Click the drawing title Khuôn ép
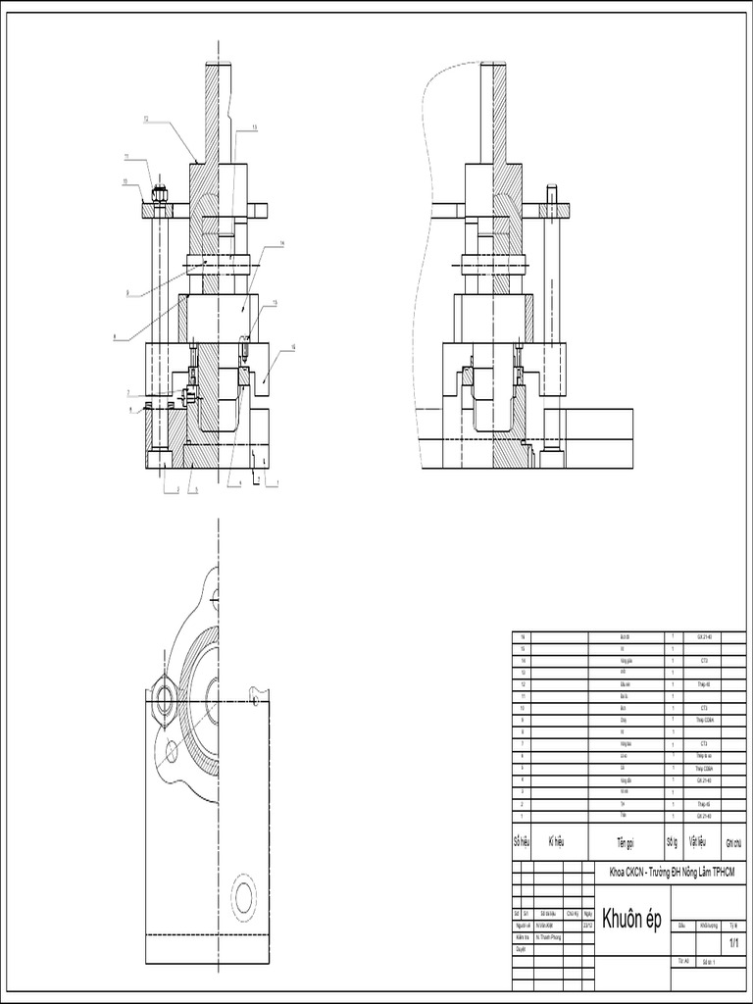click(633, 919)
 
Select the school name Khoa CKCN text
click(672, 872)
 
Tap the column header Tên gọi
click(626, 842)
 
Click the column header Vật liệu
click(697, 841)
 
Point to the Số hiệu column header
click(521, 842)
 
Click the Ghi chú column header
click(733, 842)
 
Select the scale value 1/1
click(731, 942)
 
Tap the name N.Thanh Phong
click(553, 936)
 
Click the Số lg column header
click(672, 842)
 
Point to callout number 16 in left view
click(294, 346)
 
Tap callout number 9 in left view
click(127, 293)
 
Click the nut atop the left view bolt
click(159, 193)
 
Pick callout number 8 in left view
click(116, 338)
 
